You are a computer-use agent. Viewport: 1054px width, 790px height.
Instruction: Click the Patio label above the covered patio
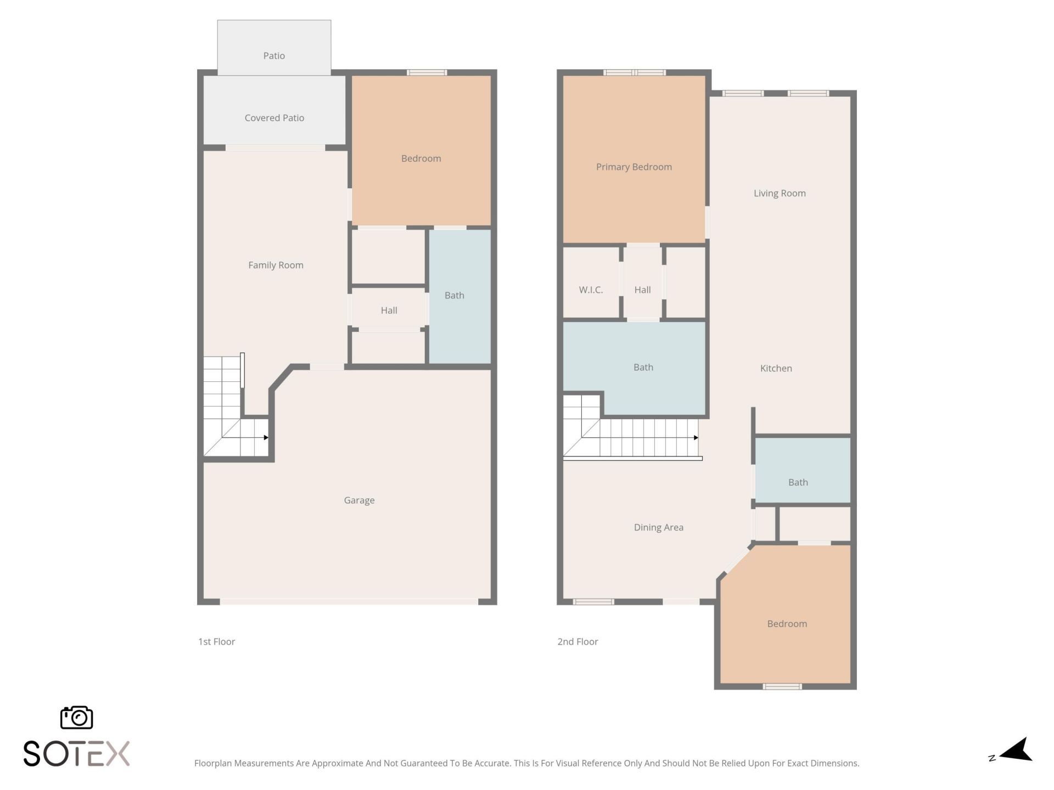274,56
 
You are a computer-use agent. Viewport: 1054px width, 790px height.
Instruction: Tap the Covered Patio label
274,118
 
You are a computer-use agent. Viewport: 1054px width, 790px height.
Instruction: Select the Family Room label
276,265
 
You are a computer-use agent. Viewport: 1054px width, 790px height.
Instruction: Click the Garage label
359,500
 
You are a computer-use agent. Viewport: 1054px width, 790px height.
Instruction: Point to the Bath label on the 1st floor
454,295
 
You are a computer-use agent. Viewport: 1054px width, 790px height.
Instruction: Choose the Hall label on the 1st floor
389,311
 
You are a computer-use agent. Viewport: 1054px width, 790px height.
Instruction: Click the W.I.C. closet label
591,290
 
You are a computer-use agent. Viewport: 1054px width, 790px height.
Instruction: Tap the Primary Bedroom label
633,167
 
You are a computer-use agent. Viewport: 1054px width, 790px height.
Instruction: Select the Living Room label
779,193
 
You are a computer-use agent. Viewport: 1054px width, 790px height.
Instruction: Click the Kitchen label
776,368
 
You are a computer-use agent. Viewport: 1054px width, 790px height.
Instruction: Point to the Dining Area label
658,527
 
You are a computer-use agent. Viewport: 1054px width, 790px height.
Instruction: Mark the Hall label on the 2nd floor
642,290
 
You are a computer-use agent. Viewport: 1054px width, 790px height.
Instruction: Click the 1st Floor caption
216,641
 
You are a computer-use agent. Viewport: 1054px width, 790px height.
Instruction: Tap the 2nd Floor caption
578,641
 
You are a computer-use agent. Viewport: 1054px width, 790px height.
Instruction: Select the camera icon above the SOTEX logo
76,718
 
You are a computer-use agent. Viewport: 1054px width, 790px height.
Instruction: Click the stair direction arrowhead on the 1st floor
266,437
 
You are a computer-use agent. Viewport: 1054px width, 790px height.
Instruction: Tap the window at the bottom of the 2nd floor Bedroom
782,686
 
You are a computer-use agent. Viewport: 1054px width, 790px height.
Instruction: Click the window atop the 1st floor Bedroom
427,72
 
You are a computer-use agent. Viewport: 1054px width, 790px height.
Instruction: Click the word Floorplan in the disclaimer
213,763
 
